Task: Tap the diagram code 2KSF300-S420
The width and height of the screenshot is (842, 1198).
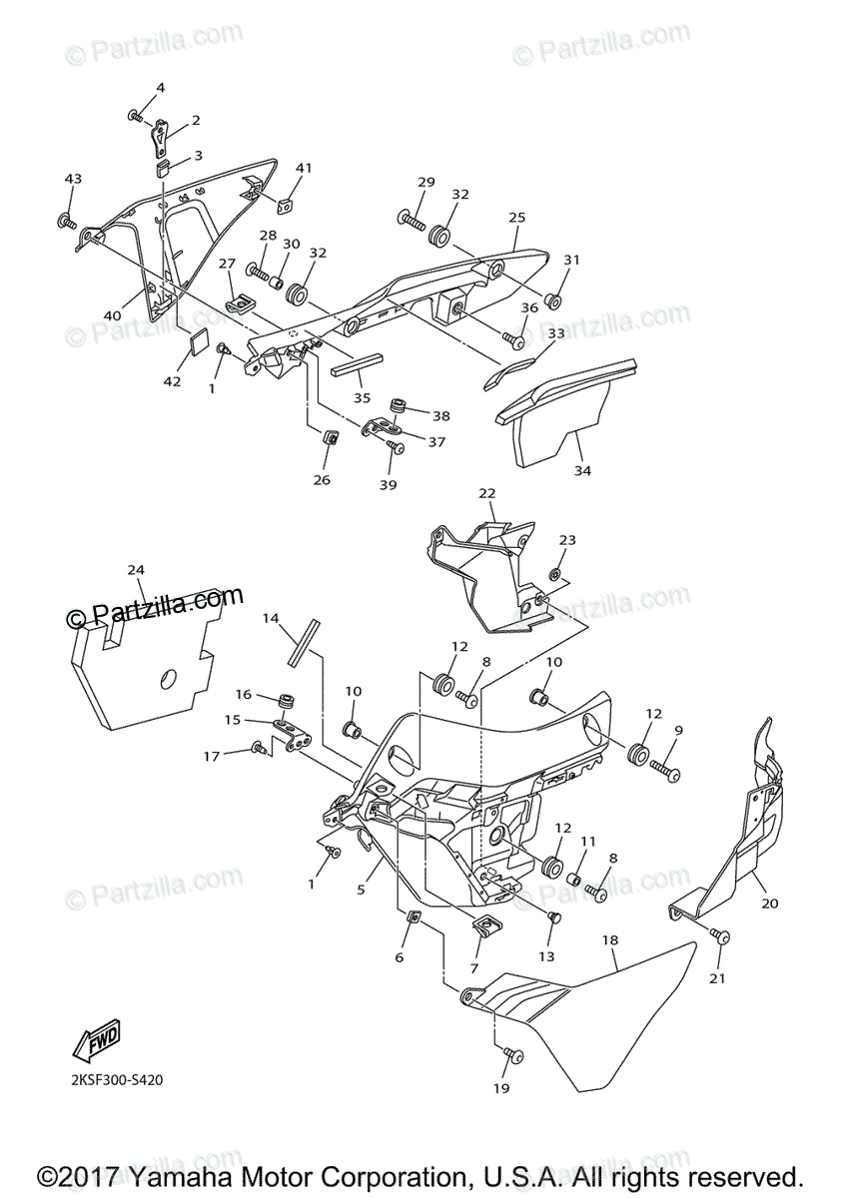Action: [116, 1079]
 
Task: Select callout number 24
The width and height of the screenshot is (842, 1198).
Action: [136, 569]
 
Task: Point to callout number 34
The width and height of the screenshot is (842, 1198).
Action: [582, 470]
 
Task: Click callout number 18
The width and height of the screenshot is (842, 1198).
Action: [610, 940]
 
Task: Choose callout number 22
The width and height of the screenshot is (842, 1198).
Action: [486, 493]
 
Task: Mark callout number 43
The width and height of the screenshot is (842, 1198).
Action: [73, 179]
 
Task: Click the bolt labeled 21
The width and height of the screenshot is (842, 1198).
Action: [721, 936]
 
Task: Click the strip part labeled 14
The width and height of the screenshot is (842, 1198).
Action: [302, 642]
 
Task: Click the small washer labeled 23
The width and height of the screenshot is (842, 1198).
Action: [554, 576]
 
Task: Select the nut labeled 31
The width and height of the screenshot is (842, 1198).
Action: [558, 298]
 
